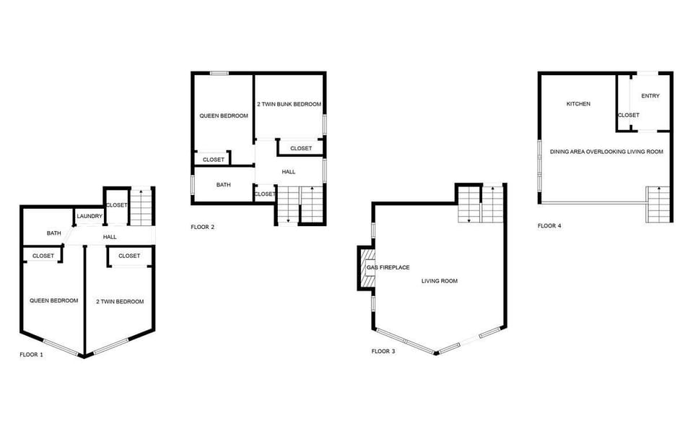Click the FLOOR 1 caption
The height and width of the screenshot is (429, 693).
(31, 355)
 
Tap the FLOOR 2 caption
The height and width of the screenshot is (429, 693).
(203, 227)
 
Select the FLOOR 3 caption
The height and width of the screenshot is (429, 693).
(383, 351)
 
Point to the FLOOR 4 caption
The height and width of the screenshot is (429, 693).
(549, 225)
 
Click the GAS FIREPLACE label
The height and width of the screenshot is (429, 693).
(388, 268)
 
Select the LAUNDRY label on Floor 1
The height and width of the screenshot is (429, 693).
(90, 216)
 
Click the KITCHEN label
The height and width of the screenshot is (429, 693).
(578, 104)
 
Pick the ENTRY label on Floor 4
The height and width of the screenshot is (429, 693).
(650, 96)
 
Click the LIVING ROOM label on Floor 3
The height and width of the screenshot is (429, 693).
(440, 281)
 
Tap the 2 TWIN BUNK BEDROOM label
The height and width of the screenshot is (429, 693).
(289, 105)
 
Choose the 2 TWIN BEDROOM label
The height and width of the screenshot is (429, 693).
(120, 301)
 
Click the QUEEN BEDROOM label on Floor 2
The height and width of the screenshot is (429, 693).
(224, 116)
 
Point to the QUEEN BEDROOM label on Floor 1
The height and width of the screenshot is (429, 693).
(53, 300)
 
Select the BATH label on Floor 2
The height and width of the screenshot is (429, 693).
(224, 185)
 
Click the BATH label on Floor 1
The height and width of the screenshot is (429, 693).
(54, 233)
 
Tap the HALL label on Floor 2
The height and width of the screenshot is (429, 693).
(289, 172)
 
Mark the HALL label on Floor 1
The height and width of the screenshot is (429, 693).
(110, 237)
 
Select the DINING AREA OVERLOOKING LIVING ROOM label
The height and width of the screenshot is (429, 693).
(606, 152)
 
